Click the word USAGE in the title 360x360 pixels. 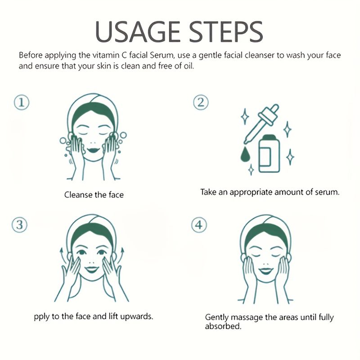pyautogui.click(x=138, y=31)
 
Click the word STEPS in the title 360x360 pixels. pyautogui.click(x=226, y=31)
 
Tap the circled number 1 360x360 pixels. pyautogui.click(x=22, y=103)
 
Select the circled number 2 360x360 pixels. pyautogui.click(x=201, y=103)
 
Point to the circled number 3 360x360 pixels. pyautogui.click(x=19, y=225)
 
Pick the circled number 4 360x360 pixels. pyautogui.click(x=199, y=225)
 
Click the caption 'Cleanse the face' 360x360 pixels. pyautogui.click(x=94, y=195)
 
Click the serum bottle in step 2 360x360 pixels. pyautogui.click(x=269, y=153)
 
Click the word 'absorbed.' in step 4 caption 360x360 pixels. pyautogui.click(x=223, y=326)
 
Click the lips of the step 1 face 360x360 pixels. pyautogui.click(x=94, y=150)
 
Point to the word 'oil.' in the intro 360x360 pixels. pyautogui.click(x=189, y=66)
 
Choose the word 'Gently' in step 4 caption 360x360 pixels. pyautogui.click(x=217, y=318)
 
